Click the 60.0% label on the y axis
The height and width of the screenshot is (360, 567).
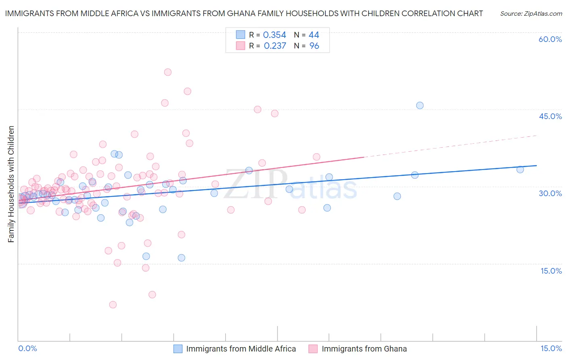click(x=550, y=39)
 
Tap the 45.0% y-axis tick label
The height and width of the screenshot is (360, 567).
click(x=550, y=116)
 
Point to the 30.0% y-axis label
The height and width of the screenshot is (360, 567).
click(x=550, y=193)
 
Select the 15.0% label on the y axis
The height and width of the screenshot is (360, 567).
click(x=551, y=271)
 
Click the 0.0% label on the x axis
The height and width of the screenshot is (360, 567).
click(x=27, y=348)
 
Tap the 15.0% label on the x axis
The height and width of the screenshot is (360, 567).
click(x=551, y=348)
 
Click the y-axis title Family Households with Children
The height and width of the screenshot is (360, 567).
click(x=11, y=184)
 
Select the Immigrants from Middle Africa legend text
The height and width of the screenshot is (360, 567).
click(x=241, y=349)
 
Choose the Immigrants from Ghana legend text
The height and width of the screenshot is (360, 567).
click(x=364, y=349)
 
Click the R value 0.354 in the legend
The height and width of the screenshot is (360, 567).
click(x=274, y=35)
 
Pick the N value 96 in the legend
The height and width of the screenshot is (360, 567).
click(x=314, y=46)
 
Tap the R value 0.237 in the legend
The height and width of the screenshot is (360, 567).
click(x=275, y=46)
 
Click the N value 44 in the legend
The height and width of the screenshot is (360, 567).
click(x=314, y=35)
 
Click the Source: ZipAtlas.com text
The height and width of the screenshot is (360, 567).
click(x=531, y=14)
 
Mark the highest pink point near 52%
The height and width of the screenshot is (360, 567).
click(x=168, y=72)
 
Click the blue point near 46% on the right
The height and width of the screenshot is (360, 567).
click(x=420, y=105)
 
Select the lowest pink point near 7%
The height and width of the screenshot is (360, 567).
click(x=113, y=305)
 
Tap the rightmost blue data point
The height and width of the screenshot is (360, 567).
click(x=520, y=170)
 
